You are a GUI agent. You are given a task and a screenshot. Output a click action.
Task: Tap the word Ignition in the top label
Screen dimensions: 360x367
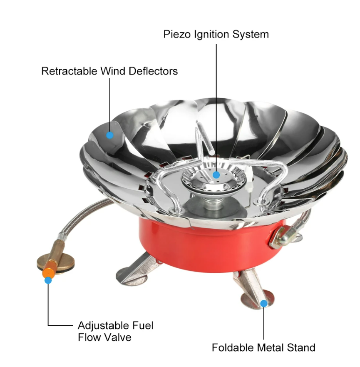[211, 35]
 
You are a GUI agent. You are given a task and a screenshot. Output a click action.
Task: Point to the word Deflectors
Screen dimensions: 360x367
[153, 71]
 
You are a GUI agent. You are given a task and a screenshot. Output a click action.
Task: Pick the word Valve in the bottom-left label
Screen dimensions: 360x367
[118, 337]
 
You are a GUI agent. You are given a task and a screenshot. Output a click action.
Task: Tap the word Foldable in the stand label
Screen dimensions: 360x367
[236, 347]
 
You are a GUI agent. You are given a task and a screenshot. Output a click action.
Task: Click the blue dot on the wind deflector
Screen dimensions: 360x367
[110, 135]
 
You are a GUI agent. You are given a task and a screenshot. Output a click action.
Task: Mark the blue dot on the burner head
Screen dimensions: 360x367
[216, 175]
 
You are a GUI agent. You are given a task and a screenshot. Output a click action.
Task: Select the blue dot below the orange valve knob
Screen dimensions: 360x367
[48, 280]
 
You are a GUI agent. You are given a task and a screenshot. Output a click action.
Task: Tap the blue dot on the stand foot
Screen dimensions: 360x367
[264, 304]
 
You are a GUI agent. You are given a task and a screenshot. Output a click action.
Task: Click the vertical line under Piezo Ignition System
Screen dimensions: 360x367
[216, 107]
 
